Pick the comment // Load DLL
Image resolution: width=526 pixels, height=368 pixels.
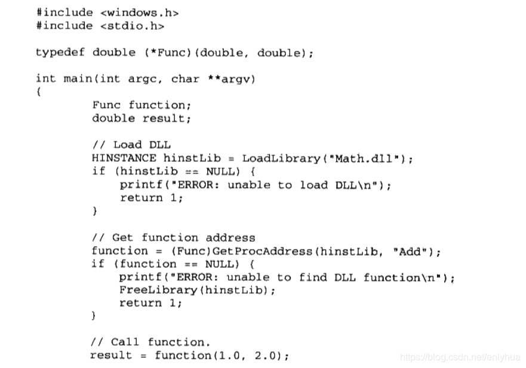coord(131,145)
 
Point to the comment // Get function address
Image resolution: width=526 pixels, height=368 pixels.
coord(173,237)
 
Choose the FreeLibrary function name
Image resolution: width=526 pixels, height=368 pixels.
coord(157,290)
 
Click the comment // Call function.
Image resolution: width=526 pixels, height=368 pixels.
coord(150,342)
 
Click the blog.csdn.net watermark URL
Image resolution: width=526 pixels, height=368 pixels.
coord(460,357)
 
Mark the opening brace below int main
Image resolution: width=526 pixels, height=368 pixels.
coord(38,92)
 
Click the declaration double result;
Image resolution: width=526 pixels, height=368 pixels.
coord(141,118)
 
